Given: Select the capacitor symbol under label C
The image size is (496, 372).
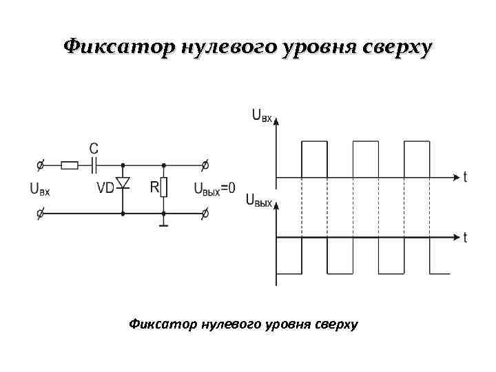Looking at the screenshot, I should point(94,165).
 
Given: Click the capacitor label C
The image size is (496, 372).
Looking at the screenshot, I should point(94,149).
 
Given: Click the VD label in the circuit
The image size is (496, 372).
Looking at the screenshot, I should point(105,187).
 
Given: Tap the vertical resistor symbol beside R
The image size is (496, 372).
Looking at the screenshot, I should point(164,187).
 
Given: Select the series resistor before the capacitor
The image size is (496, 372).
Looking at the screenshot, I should point(70,165).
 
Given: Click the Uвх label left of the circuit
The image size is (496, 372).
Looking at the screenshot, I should point(40,188).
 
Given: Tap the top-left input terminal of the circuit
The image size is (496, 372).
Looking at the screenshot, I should point(41,165).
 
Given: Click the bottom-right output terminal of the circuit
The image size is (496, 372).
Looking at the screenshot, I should point(204,214).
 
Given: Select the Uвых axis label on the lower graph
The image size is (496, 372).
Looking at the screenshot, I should point(259,200).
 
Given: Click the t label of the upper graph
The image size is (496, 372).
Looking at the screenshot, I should point(465,177).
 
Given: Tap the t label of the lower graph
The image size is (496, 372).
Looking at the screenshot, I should point(465,238).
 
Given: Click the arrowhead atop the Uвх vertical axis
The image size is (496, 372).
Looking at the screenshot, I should point(276,120).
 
